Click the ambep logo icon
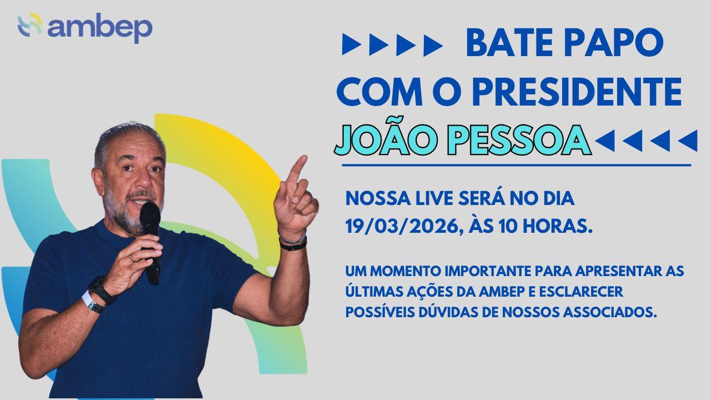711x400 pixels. (30, 24)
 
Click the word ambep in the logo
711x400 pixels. (100, 28)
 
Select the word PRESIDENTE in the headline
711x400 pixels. (577, 91)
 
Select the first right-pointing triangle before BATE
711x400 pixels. (352, 45)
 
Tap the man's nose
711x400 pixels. (144, 180)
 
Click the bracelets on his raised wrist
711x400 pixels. (293, 243)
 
